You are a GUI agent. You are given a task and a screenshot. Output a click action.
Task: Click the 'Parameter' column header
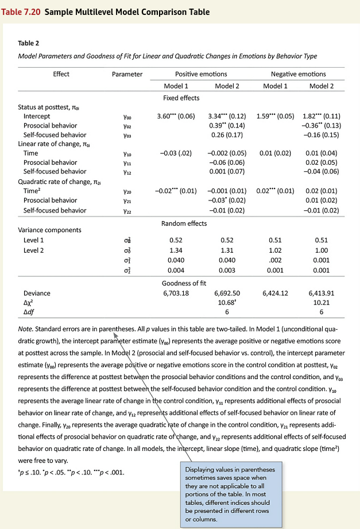[127, 74]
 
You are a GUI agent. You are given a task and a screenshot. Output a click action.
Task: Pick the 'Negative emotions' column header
[297, 74]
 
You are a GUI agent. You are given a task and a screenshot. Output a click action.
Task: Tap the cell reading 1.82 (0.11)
[321, 116]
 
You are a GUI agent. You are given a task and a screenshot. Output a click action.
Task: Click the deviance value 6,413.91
[321, 293]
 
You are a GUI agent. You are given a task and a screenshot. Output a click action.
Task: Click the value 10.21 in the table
[321, 302]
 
